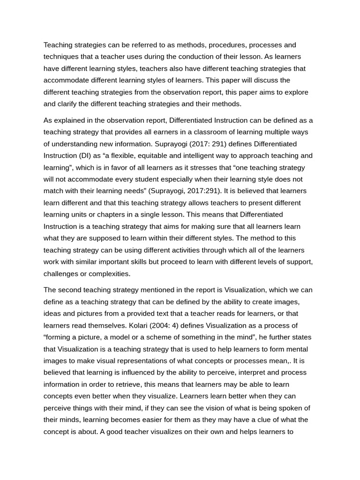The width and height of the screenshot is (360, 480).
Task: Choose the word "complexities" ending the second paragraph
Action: click(x=107, y=274)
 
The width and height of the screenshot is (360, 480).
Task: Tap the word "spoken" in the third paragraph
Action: click(x=290, y=408)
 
